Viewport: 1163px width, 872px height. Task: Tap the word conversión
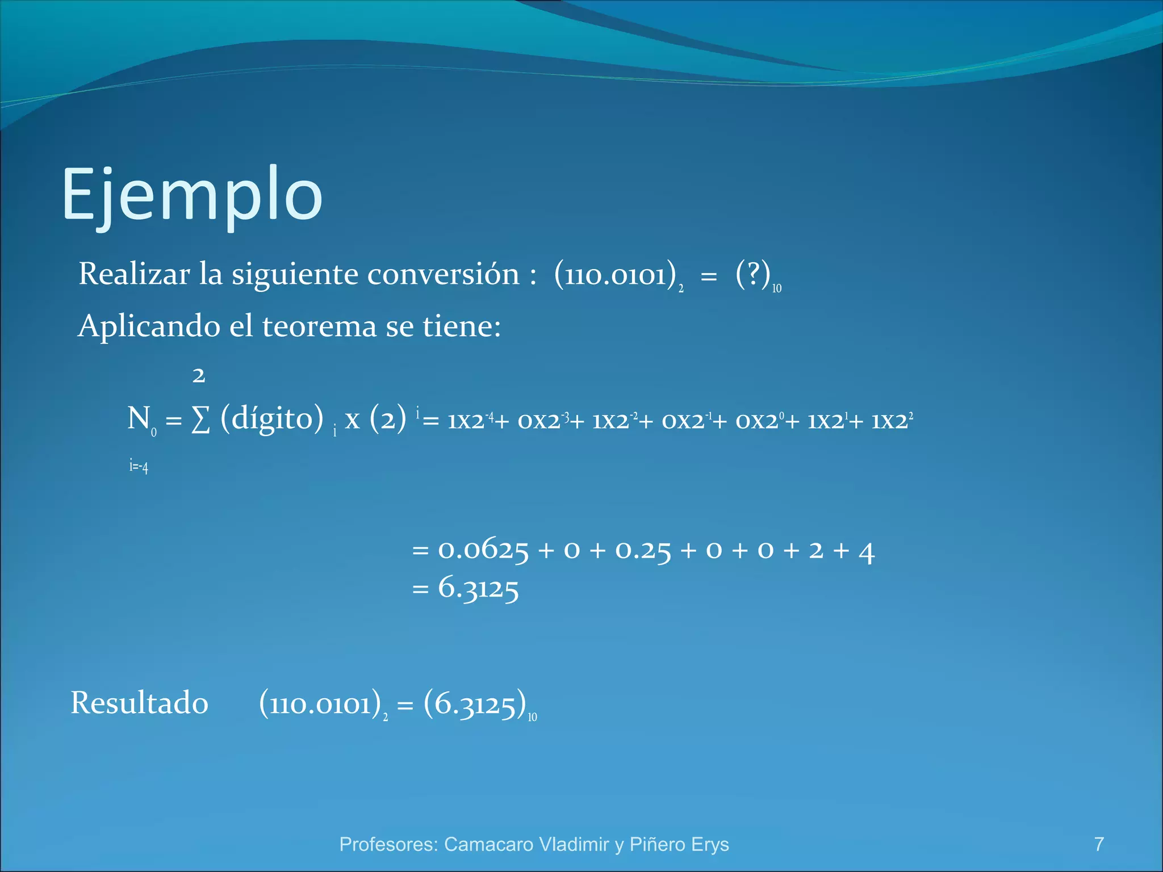click(x=443, y=274)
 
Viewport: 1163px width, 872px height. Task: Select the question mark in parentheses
click(x=752, y=274)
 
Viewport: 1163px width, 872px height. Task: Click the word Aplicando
click(x=148, y=326)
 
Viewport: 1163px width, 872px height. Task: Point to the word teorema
click(x=319, y=326)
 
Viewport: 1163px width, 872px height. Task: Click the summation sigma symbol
click(x=200, y=421)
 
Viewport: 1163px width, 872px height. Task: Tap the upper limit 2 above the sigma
click(x=198, y=375)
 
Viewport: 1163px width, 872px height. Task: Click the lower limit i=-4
click(x=139, y=466)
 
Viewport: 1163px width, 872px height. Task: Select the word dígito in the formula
click(x=272, y=418)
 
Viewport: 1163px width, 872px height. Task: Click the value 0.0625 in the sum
click(x=483, y=550)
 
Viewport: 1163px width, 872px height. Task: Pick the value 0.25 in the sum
click(x=643, y=550)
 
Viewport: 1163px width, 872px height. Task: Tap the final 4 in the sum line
click(x=866, y=551)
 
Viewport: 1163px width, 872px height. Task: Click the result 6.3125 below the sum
click(x=478, y=588)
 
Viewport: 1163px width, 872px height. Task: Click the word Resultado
click(x=140, y=703)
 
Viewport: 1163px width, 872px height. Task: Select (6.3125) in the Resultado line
click(x=475, y=704)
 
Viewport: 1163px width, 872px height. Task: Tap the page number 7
click(x=1099, y=844)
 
